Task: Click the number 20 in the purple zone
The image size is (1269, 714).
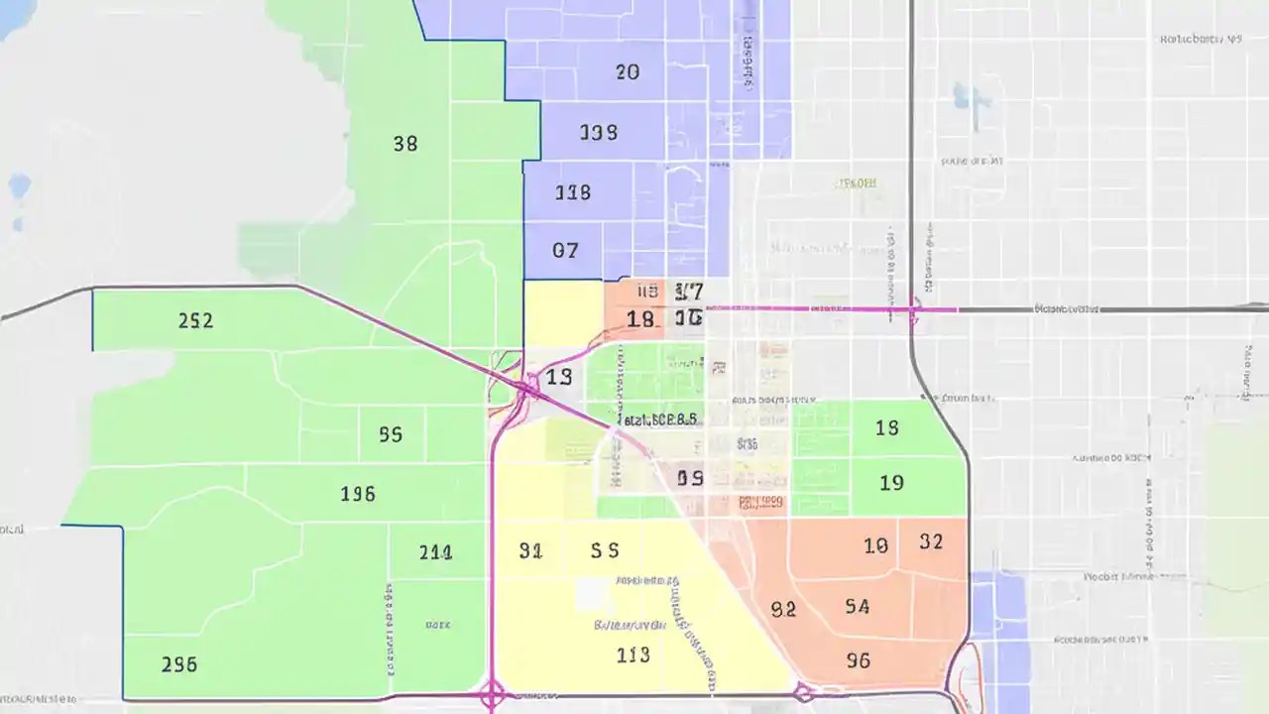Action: [x=627, y=71]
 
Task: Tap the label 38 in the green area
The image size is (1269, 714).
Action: [x=404, y=144]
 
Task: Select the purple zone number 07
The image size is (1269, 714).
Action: [x=564, y=251]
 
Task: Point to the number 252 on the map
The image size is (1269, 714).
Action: [x=195, y=321]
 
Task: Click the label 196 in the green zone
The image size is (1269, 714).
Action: [x=357, y=493]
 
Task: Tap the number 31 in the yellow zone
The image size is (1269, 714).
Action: [x=530, y=551]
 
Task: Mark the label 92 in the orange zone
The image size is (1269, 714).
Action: [x=783, y=610]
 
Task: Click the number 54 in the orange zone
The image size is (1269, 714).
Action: [x=858, y=606]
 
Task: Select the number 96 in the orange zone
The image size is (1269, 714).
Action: [x=859, y=659]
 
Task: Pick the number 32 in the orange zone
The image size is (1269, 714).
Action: [x=931, y=541]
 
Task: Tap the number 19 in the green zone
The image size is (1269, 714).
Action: [x=891, y=483]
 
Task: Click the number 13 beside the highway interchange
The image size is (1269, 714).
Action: [x=558, y=377]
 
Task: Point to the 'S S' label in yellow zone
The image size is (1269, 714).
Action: [x=605, y=550]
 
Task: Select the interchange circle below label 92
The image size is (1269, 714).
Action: [x=803, y=692]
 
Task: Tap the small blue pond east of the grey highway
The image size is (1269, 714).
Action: [x=961, y=96]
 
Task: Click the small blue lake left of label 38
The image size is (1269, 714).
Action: [x=19, y=185]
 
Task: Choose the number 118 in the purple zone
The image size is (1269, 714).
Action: [x=572, y=192]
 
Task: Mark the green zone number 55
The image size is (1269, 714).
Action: [x=390, y=434]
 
